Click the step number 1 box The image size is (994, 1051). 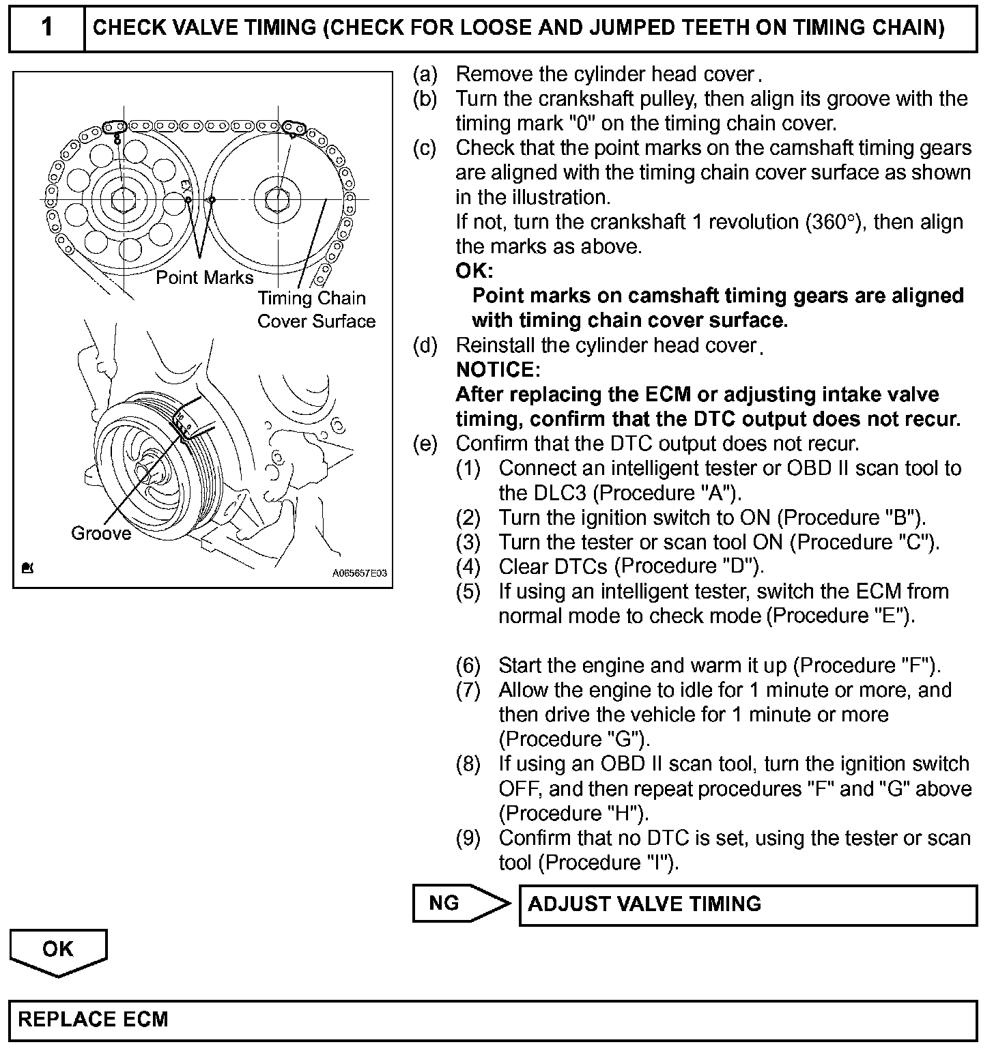[x=46, y=28]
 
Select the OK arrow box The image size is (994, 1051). [x=58, y=950]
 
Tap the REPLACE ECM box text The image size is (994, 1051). [x=93, y=1020]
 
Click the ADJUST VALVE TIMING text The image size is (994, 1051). [x=644, y=904]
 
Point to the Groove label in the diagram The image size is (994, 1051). [x=101, y=534]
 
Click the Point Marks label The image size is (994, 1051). [x=204, y=277]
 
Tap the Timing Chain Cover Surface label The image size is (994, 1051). [x=315, y=309]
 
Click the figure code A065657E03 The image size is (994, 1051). [x=360, y=574]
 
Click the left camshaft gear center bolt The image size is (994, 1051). [x=123, y=199]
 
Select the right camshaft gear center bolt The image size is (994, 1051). [x=279, y=199]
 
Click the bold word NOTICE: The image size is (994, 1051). [x=498, y=370]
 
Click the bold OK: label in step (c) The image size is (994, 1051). [x=474, y=271]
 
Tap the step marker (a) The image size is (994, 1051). [x=425, y=74]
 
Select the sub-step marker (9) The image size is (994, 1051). [x=468, y=837]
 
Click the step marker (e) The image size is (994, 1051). [x=425, y=444]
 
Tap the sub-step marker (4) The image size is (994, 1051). [x=468, y=566]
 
